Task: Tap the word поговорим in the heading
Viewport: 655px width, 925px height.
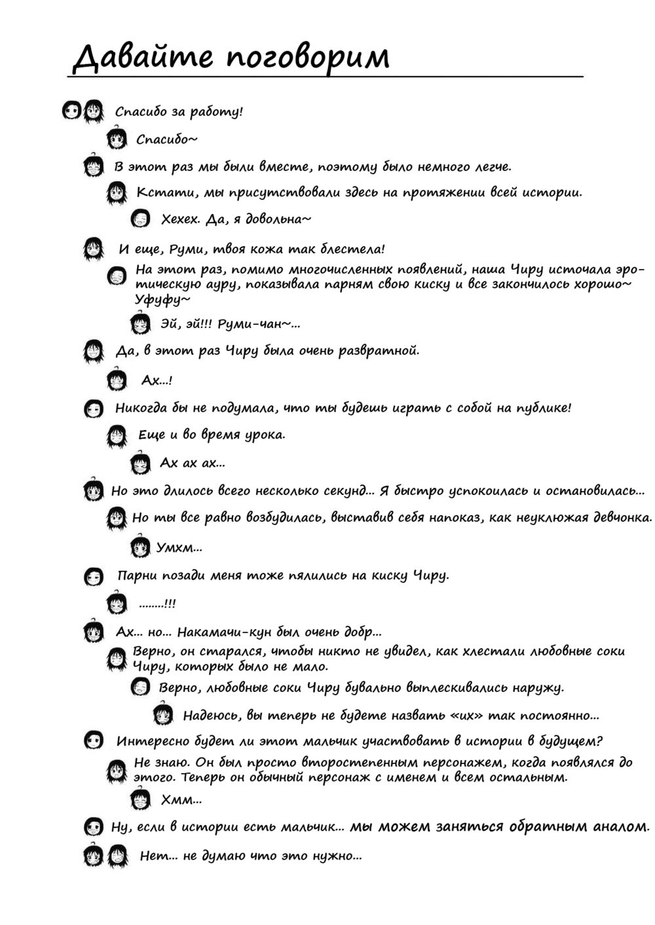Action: point(308,57)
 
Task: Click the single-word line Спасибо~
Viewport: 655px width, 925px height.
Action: point(167,139)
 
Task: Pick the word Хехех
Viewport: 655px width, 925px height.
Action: point(180,219)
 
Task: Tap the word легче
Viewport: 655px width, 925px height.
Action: point(492,167)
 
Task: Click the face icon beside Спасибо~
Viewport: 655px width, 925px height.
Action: point(118,138)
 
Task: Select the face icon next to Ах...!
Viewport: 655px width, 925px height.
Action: point(116,379)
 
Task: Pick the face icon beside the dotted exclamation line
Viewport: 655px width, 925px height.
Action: point(118,603)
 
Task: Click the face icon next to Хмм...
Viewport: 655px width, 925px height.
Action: point(140,799)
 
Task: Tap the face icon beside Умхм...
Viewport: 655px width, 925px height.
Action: point(139,546)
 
